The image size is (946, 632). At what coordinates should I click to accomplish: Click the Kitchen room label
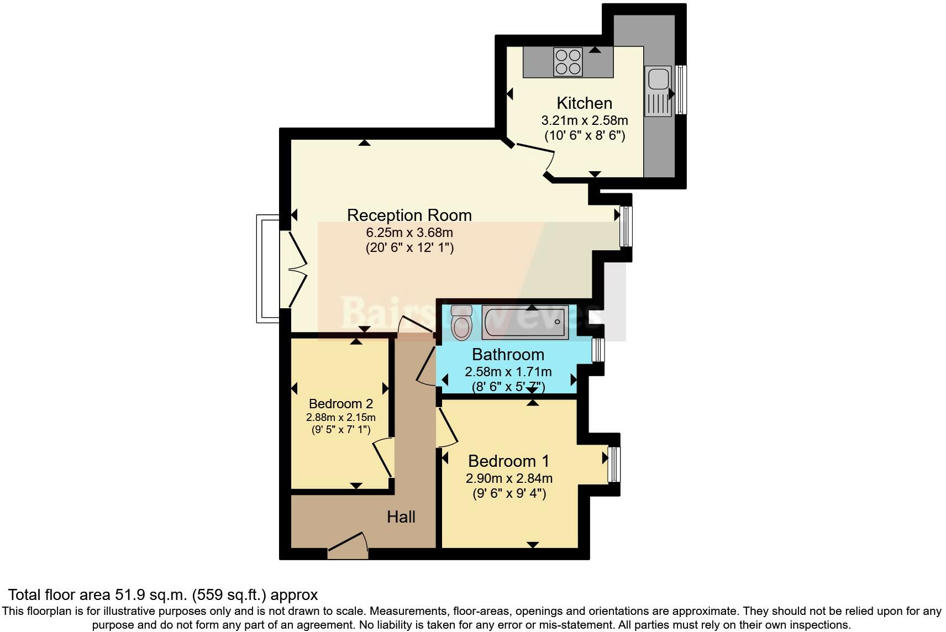point(584,103)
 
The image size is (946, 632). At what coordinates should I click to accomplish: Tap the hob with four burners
point(568,62)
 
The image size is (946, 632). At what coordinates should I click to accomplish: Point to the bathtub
point(524,322)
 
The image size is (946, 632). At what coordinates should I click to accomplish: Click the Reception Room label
point(409,215)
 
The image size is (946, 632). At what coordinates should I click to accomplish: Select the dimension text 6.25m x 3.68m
point(409,233)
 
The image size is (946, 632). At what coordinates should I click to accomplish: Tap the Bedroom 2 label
point(340,404)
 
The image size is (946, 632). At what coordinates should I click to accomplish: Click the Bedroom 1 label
point(508,461)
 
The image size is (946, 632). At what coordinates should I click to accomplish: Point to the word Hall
point(401,517)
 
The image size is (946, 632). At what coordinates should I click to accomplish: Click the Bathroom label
point(508,354)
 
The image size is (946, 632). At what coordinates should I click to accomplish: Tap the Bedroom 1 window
point(614,464)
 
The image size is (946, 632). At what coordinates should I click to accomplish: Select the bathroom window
point(597,350)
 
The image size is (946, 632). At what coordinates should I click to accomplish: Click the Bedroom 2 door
point(382,458)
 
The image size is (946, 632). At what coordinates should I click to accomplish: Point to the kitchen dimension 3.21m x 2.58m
point(584,120)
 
